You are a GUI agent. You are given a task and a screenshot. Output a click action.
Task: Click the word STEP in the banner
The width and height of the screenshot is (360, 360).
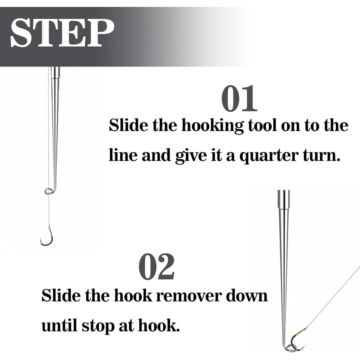coord(63,33)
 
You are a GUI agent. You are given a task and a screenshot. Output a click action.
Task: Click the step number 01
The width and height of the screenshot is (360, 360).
coord(239,98)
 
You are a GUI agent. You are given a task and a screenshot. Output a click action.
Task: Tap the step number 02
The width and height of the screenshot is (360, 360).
coord(157,267)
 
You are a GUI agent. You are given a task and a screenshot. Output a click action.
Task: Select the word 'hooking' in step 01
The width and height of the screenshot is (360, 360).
coord(212,125)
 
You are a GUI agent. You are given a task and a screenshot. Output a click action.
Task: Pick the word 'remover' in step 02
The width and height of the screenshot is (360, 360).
coord(189,296)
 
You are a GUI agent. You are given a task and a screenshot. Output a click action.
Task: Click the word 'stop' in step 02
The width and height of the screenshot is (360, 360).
coord(98,326)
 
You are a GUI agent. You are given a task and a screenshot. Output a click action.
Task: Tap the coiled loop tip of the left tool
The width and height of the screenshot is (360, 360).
coord(49,191)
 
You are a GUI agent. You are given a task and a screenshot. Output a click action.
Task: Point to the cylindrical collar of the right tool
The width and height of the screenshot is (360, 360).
coord(284,199)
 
